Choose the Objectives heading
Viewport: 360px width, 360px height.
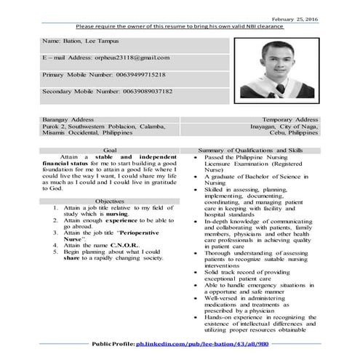point(109,200)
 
